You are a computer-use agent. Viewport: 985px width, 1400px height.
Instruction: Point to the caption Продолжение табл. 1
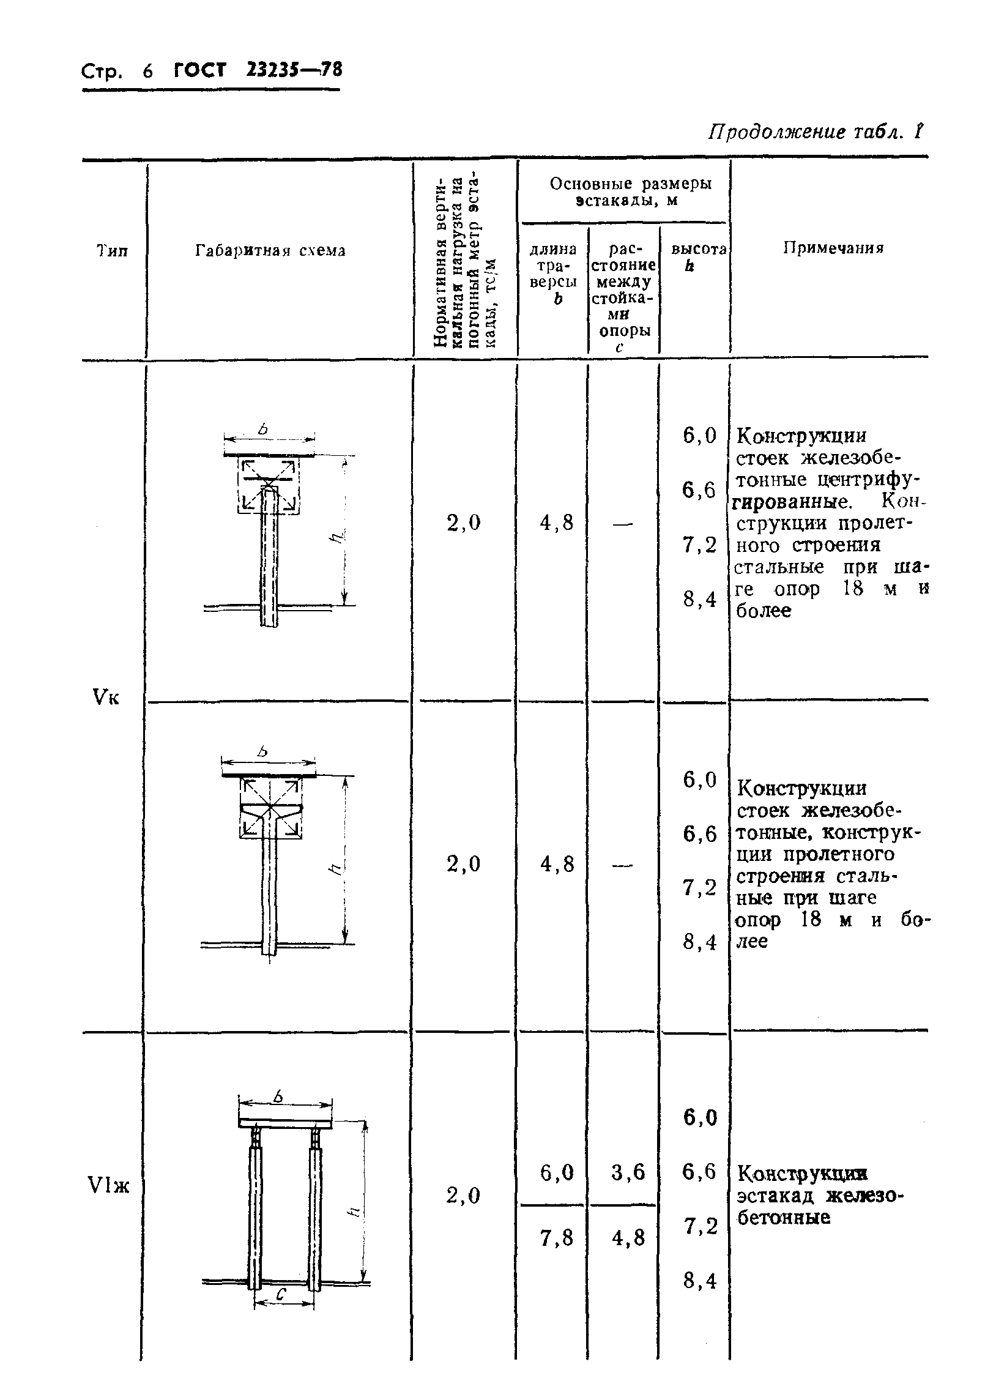pos(814,132)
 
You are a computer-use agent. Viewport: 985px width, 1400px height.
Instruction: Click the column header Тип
pos(113,250)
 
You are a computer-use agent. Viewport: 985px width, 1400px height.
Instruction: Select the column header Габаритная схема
pos(270,250)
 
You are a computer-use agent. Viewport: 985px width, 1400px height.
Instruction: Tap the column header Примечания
pos(834,248)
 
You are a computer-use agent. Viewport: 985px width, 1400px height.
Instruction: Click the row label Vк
pos(106,697)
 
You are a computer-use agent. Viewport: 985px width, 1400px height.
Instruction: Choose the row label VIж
pos(109,1186)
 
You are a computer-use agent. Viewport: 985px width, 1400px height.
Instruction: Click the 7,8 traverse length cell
pos(557,1238)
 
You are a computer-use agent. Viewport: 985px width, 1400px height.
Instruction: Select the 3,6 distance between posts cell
pos(628,1172)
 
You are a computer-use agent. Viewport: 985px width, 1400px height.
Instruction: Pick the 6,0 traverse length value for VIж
pos(557,1172)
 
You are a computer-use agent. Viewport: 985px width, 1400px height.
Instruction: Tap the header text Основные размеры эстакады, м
pos(630,192)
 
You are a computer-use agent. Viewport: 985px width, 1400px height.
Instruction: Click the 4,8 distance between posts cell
pos(628,1238)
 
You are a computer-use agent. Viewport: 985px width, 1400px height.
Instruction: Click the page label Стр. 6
pos(116,72)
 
